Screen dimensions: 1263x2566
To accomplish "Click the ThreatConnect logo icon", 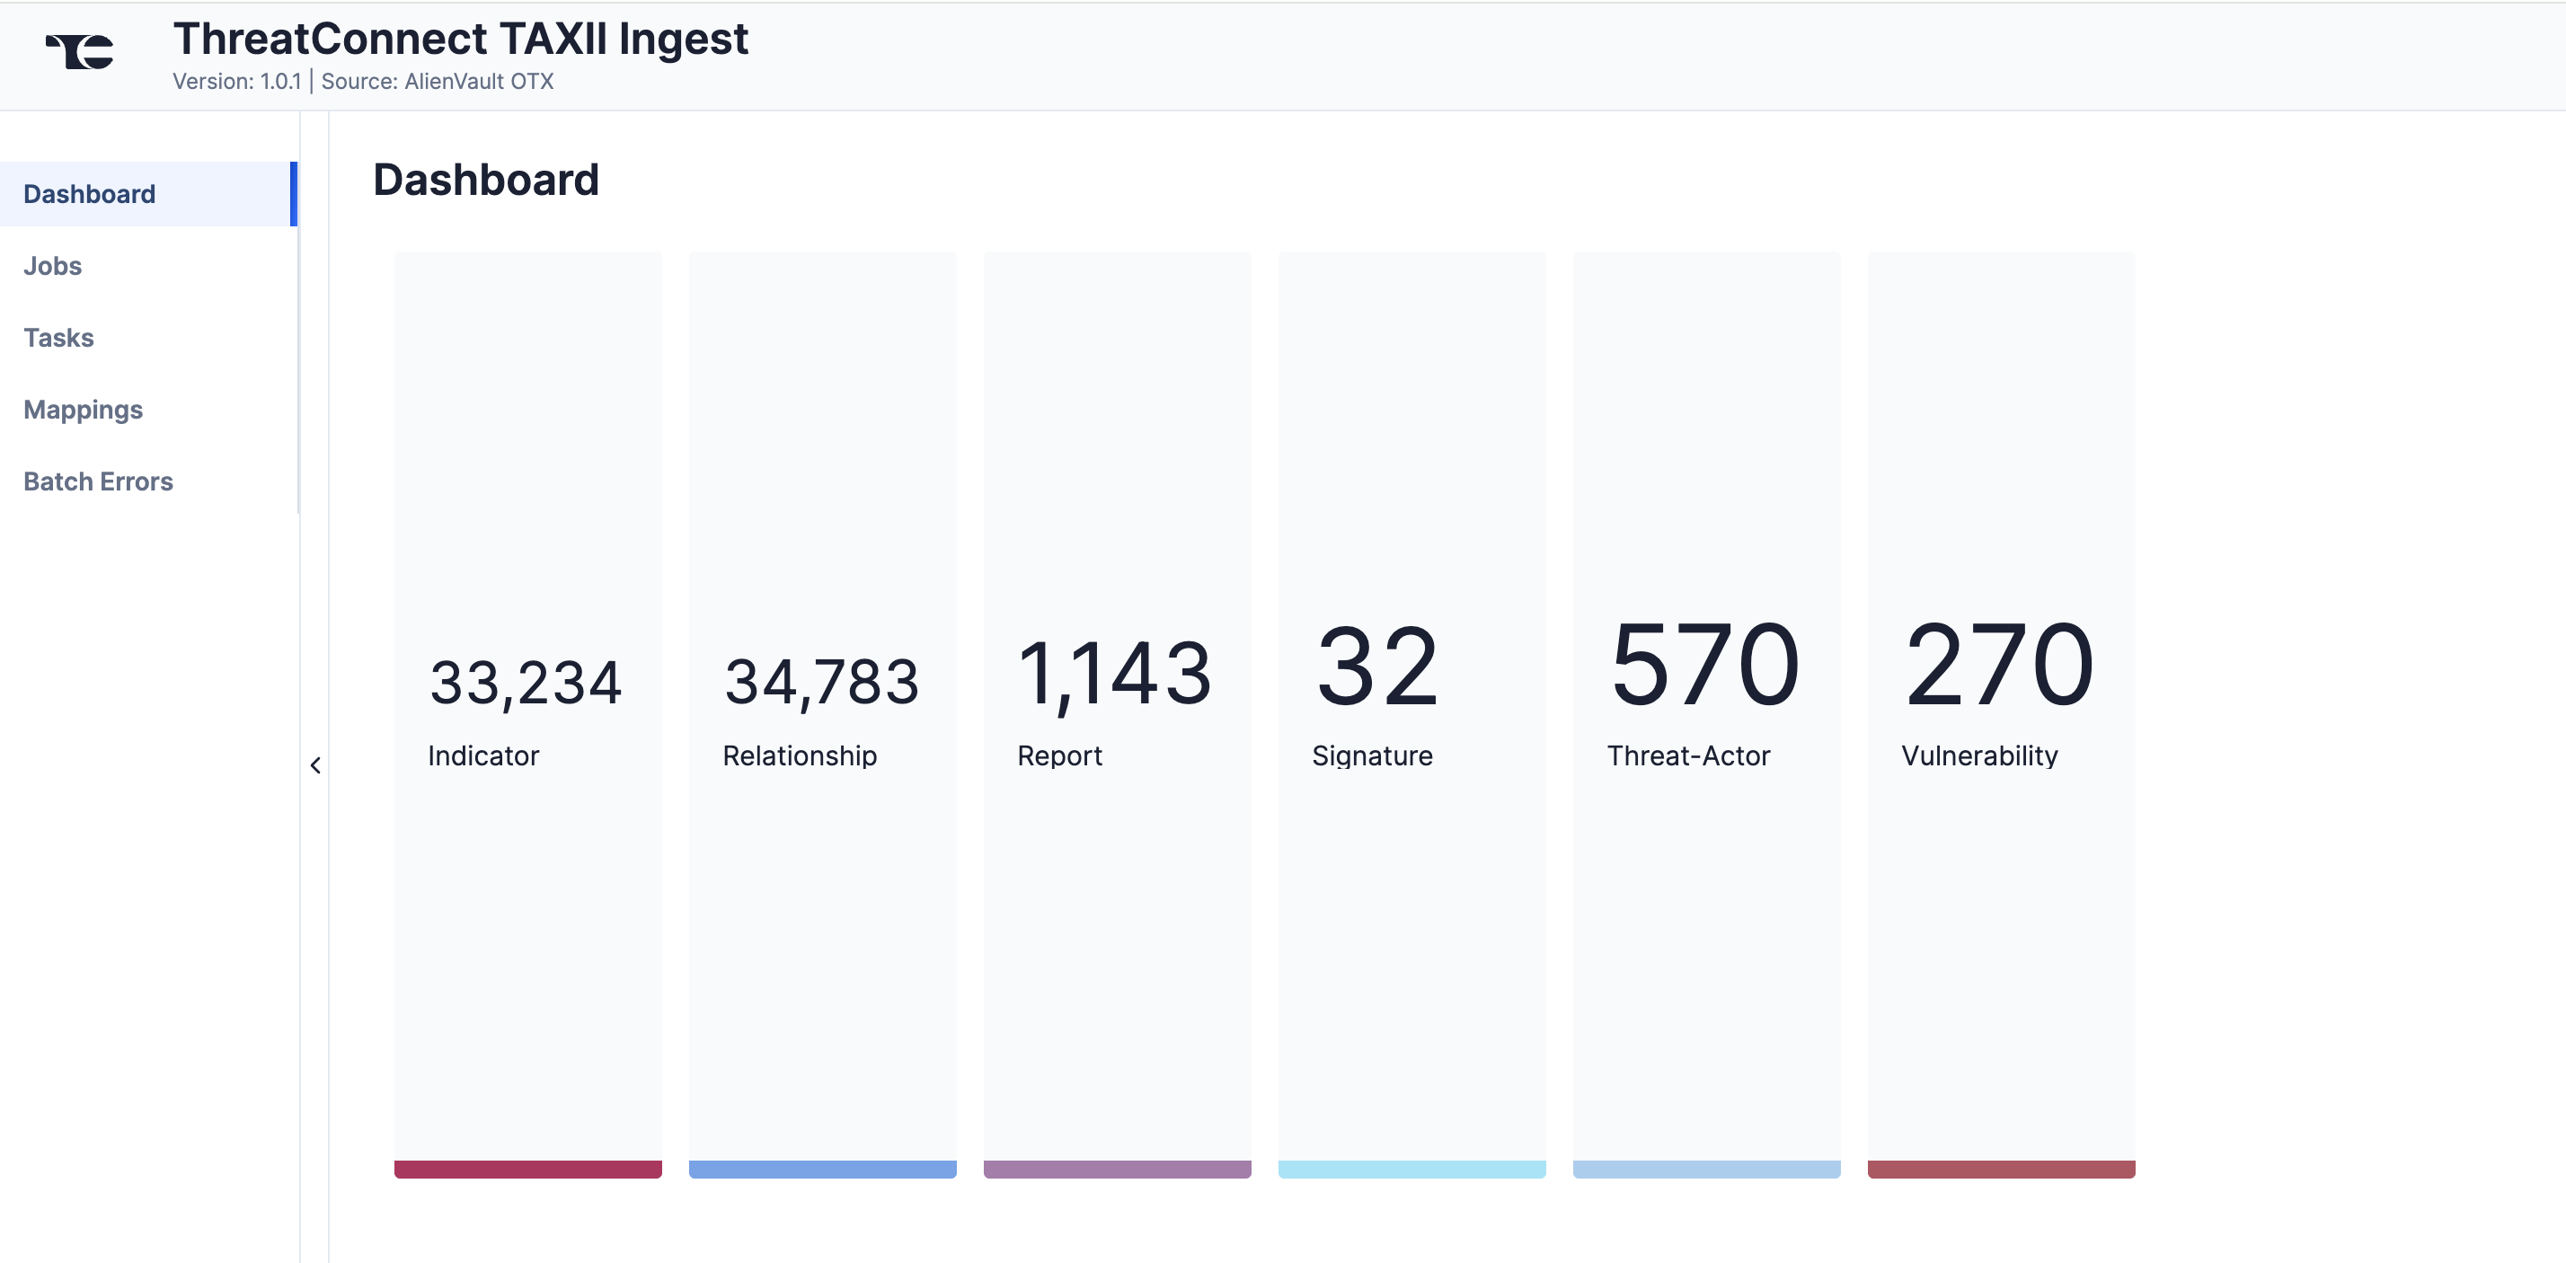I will (x=80, y=51).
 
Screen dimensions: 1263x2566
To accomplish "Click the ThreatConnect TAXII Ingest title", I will (x=460, y=39).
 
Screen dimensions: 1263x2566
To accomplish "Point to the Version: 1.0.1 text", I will (x=237, y=82).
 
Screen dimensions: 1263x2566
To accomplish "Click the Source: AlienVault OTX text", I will (x=438, y=82).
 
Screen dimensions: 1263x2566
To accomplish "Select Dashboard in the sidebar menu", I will (x=90, y=194).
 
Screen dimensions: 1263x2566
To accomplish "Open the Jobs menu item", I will (x=53, y=266).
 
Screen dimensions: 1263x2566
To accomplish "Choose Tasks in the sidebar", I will (x=58, y=338).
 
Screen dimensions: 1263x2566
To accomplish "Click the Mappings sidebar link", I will (x=84, y=410).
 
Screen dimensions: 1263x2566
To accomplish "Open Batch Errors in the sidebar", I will (x=99, y=481).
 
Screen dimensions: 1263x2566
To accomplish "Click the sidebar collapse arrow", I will (x=315, y=765).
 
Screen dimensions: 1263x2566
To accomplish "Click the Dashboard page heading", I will (x=486, y=181).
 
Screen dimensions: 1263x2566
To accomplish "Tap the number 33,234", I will (x=526, y=684).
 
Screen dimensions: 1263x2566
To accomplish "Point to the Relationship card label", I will (x=800, y=756).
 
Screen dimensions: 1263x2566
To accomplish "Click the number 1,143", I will (x=1115, y=676).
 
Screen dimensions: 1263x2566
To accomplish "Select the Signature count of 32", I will (x=1377, y=666).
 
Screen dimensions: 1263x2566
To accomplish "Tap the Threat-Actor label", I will (x=1688, y=756).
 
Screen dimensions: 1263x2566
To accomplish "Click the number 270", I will (x=1999, y=666).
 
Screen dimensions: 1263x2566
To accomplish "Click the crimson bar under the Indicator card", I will (x=528, y=1170).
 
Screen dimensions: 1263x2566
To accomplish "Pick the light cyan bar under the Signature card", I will (x=1411, y=1170).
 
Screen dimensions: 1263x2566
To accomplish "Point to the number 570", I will (x=1704, y=666).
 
